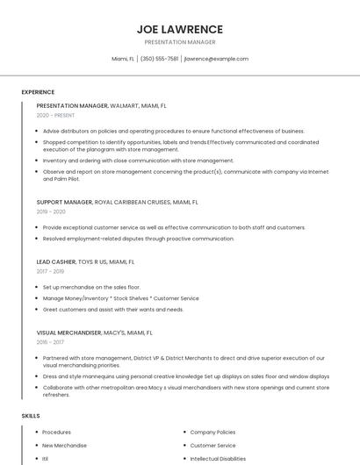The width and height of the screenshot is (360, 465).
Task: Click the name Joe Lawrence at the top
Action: click(x=179, y=29)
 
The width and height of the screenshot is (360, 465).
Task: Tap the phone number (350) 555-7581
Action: click(x=159, y=59)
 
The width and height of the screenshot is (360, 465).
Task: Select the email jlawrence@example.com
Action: click(x=216, y=59)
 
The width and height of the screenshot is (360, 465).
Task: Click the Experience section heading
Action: click(x=38, y=92)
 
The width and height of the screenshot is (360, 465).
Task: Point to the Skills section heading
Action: click(x=31, y=415)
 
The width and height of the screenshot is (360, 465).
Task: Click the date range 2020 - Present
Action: click(x=55, y=115)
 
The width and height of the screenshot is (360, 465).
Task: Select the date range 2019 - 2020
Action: click(x=51, y=211)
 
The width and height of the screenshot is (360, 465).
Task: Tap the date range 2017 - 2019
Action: click(x=50, y=271)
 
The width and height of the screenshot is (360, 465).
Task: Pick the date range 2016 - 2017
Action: click(x=50, y=342)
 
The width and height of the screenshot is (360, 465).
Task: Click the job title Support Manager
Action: click(x=64, y=202)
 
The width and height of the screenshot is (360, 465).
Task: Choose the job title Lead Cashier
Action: click(x=56, y=261)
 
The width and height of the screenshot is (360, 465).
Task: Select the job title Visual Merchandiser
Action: click(x=70, y=333)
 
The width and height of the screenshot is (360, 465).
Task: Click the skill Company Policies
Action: click(x=212, y=433)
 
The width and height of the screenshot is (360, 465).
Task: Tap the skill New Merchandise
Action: click(x=64, y=446)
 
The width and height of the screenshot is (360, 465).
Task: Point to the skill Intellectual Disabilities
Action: click(x=218, y=459)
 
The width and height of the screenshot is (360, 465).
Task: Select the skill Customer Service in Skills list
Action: click(x=212, y=446)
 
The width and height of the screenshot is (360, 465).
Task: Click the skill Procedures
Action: click(x=56, y=433)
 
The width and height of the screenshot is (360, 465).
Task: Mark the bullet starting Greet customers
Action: click(x=113, y=310)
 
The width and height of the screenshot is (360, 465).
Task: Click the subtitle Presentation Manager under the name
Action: click(x=179, y=42)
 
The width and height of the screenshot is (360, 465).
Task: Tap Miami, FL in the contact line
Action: click(x=123, y=59)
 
